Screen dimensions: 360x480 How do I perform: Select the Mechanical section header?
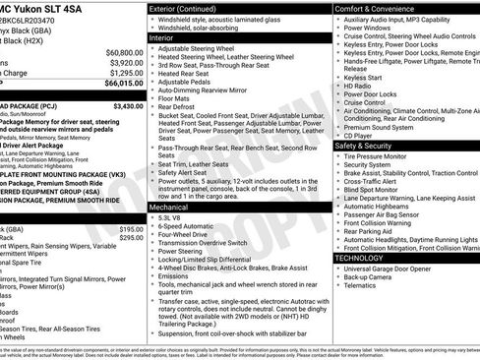[x=174, y=208]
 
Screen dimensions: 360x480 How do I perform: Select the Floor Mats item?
[x=177, y=98]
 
